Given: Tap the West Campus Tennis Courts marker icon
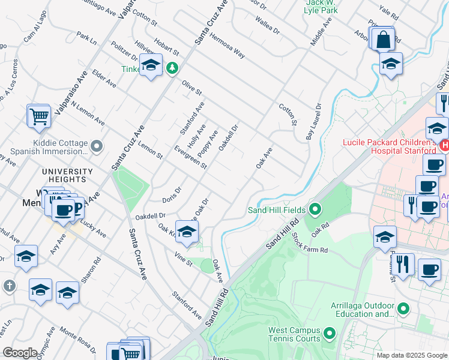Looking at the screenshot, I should coord(329,332).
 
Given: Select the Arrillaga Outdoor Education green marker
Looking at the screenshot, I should coord(403,309).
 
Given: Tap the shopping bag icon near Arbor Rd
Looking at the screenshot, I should coord(383,40).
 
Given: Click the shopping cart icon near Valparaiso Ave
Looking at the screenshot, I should coord(39,117).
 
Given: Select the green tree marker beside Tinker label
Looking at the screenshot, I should coord(172,68).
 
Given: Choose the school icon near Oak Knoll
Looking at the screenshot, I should coord(187,233).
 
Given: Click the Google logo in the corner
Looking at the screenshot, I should coord(20,353).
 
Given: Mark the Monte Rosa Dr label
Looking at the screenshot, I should coord(78,338).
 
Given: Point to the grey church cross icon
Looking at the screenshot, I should coord(9,287).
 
